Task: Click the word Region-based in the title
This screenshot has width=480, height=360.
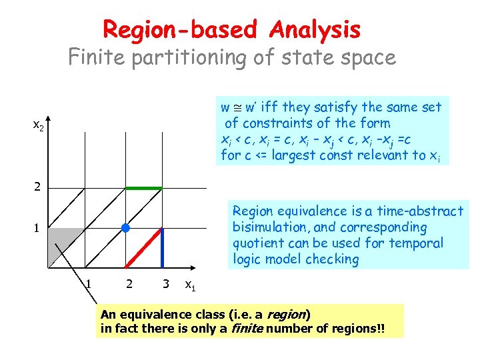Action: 179,29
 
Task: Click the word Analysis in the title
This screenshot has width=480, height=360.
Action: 315,29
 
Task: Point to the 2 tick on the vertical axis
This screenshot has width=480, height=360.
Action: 37,188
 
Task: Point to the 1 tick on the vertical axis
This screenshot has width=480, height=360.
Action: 37,228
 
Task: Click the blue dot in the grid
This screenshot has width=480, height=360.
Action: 125,229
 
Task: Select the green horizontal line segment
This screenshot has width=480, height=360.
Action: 144,189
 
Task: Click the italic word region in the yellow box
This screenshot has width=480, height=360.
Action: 289,313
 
